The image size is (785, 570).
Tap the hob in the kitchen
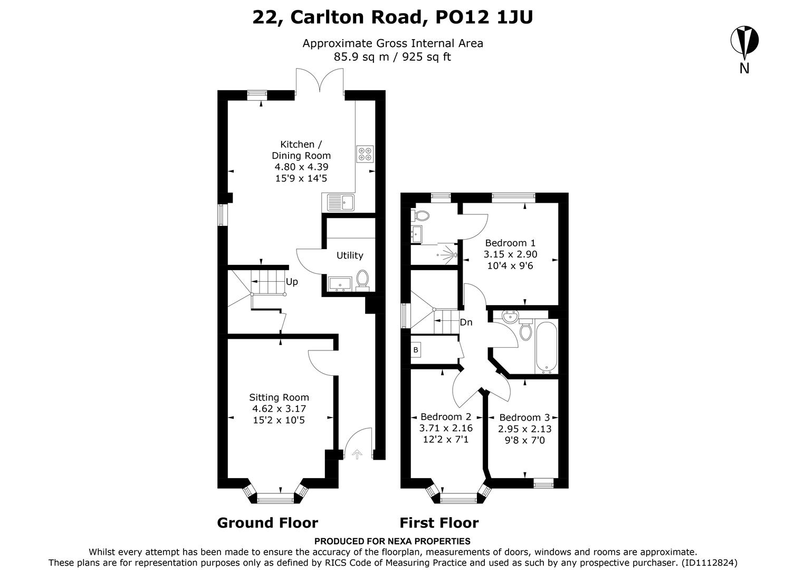(x=365, y=154)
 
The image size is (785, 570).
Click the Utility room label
(x=350, y=255)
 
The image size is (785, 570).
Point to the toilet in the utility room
(x=362, y=279)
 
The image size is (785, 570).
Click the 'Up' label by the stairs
(x=292, y=282)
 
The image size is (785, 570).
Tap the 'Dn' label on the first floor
(x=466, y=322)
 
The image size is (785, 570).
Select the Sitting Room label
(x=279, y=397)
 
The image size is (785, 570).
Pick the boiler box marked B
(x=416, y=350)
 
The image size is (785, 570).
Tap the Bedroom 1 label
(x=510, y=243)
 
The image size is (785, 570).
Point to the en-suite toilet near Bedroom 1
(x=422, y=215)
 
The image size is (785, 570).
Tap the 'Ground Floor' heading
(x=267, y=523)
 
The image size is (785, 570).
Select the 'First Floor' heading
(x=439, y=523)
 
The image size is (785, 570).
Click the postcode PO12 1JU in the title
(x=484, y=17)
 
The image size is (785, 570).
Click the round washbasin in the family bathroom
(x=509, y=317)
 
